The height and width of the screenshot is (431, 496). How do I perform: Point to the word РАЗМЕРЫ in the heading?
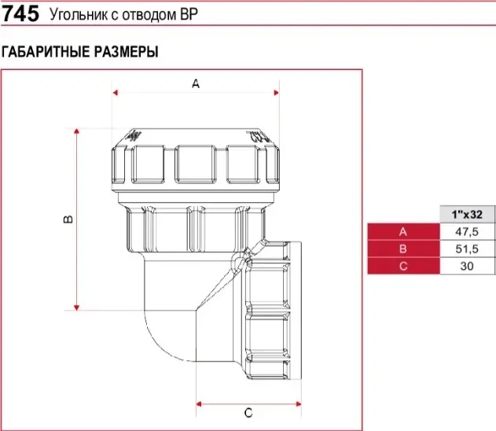(x=127, y=52)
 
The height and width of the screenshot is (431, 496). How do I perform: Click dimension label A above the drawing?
(x=197, y=83)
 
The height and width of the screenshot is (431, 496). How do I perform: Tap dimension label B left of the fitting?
(x=68, y=218)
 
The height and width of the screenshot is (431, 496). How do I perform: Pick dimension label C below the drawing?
(x=248, y=412)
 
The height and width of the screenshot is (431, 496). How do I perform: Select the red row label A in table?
(x=403, y=231)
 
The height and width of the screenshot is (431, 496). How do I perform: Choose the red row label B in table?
(x=403, y=249)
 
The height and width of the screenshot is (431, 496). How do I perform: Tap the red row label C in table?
(x=403, y=266)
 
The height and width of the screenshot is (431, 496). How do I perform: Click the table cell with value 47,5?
(x=467, y=231)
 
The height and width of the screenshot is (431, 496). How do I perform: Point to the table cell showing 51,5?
(x=467, y=249)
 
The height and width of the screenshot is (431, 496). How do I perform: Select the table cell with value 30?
(x=467, y=266)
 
